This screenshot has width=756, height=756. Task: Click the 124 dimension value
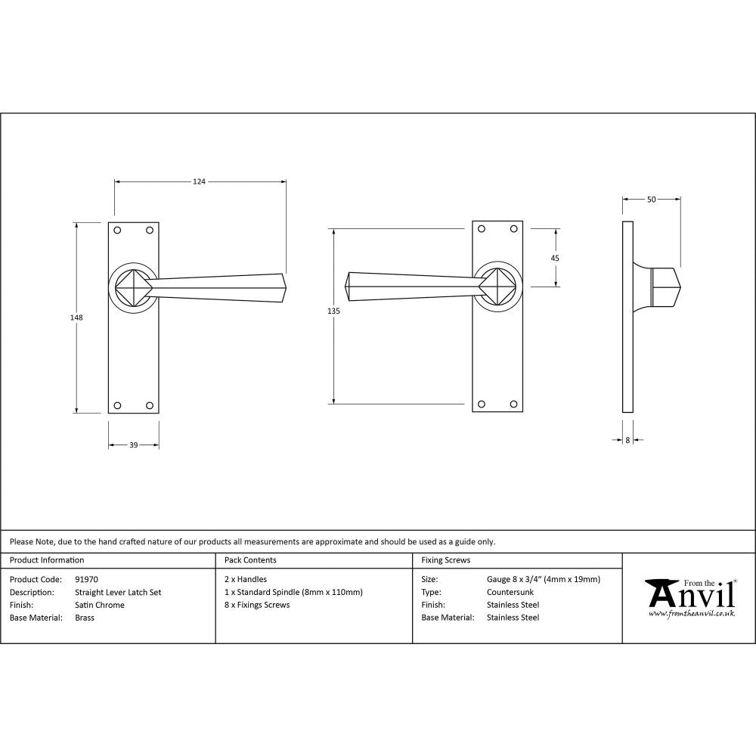[199, 181]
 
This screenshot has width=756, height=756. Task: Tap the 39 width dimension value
[133, 445]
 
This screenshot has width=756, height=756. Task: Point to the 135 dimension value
[334, 311]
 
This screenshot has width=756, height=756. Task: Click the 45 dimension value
[555, 258]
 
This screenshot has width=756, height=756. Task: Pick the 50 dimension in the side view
[651, 200]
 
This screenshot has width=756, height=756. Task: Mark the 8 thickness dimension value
[627, 439]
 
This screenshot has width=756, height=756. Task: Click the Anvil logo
[689, 596]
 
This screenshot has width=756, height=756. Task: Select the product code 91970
[86, 580]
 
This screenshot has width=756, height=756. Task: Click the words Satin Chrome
[99, 605]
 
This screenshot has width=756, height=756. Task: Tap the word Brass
[85, 618]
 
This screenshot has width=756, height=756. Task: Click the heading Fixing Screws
[445, 560]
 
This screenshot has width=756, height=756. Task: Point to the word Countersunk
[510, 593]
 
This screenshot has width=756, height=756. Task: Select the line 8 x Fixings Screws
[257, 605]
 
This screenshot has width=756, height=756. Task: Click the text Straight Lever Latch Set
[118, 593]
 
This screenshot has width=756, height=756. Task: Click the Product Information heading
[47, 560]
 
